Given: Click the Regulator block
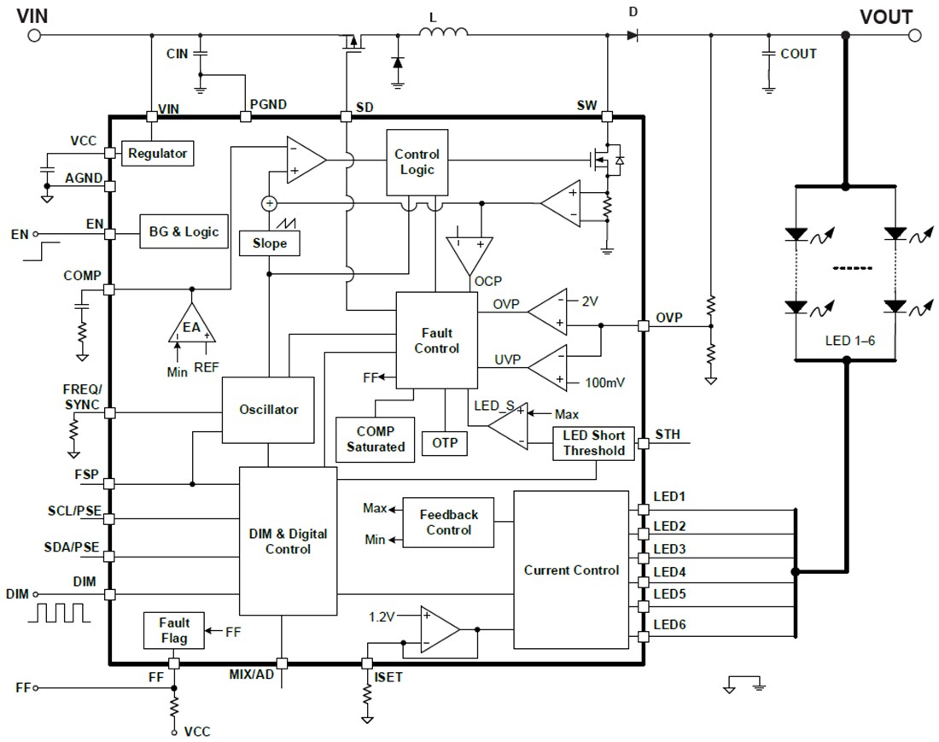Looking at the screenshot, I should [157, 154].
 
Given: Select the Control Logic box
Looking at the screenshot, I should [417, 161].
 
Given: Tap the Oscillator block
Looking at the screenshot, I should [269, 410].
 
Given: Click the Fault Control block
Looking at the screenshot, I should [436, 341].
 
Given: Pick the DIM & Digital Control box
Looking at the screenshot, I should [288, 541].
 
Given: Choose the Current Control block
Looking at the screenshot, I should [571, 570].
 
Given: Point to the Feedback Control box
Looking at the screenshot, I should [448, 523].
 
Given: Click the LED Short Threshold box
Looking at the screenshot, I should [594, 443].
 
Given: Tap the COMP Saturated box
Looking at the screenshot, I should [376, 439].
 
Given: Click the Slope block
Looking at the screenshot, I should [270, 243].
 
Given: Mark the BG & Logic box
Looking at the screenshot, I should [184, 231].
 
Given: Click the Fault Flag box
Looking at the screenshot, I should [174, 630].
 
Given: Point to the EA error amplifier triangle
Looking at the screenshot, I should [191, 325].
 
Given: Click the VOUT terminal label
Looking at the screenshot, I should [885, 17].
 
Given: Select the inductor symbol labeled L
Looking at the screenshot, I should [443, 33].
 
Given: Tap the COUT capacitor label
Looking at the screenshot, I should [798, 54].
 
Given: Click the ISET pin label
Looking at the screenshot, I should [389, 679].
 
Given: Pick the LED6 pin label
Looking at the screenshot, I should [670, 624].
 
